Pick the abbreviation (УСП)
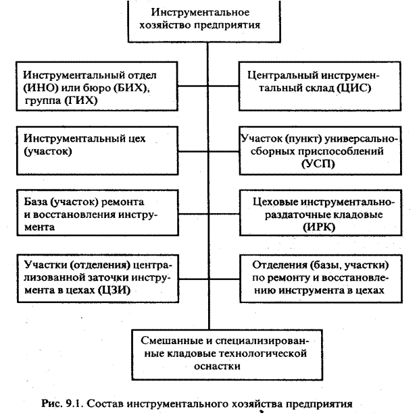321,164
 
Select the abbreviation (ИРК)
321,227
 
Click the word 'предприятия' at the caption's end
319,404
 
